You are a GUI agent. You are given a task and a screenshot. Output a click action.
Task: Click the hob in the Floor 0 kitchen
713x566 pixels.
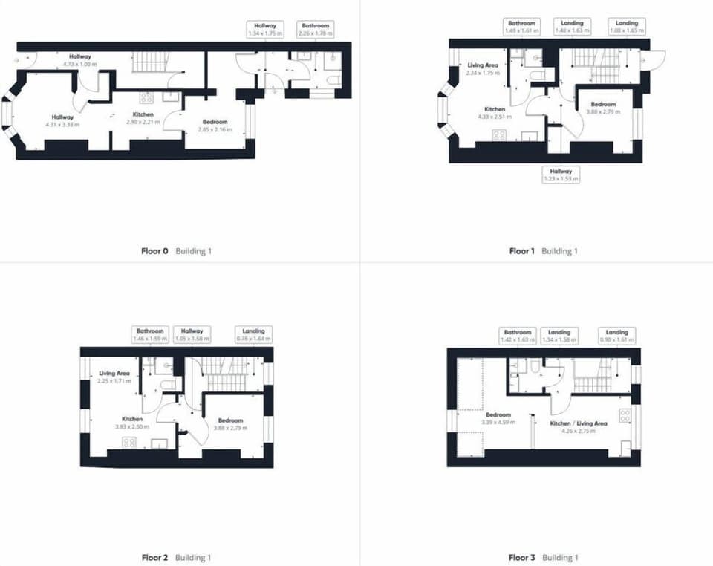[146, 97]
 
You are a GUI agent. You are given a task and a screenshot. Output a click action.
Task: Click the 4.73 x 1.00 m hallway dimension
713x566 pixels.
[80, 65]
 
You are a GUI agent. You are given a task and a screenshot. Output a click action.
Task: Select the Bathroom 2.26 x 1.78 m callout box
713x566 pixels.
[314, 29]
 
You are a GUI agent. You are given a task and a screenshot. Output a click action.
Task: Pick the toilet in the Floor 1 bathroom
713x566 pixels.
[538, 75]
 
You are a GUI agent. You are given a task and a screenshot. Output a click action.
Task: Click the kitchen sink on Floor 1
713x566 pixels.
[530, 135]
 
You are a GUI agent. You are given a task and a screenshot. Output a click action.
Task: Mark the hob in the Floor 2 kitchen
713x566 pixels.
[128, 443]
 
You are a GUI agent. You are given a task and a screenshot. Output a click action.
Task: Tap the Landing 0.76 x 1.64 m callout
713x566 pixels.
[253, 334]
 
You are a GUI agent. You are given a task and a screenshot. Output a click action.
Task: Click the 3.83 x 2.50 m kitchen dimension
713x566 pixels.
[128, 427]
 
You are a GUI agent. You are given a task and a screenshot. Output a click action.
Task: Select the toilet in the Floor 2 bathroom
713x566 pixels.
[168, 384]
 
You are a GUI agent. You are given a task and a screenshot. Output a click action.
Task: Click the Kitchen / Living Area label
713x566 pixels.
[579, 423]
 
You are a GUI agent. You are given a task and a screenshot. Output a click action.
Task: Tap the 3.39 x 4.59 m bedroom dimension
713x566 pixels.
[498, 423]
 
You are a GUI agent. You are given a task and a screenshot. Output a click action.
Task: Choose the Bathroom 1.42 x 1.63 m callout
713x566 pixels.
[518, 336]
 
